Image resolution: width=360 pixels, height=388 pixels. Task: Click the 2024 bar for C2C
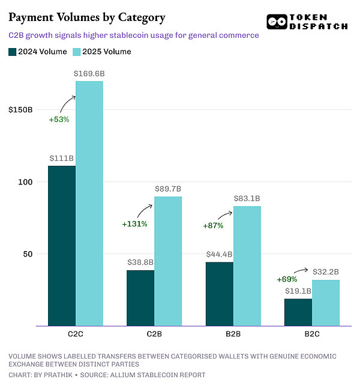click(x=62, y=246)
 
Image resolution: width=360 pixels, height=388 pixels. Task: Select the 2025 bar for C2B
click(x=168, y=261)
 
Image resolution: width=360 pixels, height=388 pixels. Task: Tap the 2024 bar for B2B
click(x=220, y=294)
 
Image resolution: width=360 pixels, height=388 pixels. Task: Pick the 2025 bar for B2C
click(x=326, y=303)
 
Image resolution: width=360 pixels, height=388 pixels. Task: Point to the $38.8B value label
click(x=140, y=262)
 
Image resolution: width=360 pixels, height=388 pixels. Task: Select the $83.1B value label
click(x=247, y=198)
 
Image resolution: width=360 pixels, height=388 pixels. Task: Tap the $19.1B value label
click(x=298, y=291)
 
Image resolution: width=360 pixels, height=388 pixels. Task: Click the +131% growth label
click(x=134, y=224)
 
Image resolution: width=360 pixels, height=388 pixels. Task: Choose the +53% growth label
click(x=59, y=120)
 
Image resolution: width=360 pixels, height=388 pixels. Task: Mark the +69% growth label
click(x=287, y=279)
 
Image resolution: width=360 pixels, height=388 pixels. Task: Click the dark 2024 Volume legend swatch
click(x=13, y=52)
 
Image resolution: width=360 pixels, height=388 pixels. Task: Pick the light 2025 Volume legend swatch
click(x=76, y=52)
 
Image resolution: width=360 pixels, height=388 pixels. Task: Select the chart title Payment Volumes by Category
click(x=87, y=17)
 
